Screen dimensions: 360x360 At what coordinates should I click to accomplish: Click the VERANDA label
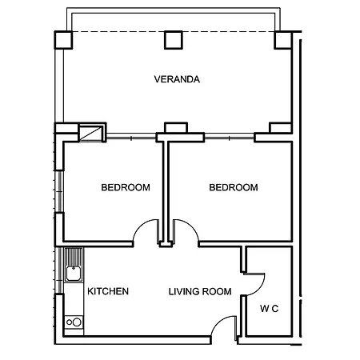click(x=177, y=79)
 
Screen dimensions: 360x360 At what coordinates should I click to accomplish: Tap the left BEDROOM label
click(x=126, y=187)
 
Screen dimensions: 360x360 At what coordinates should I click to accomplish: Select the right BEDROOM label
click(x=234, y=187)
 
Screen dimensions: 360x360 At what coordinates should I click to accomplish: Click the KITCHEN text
click(x=108, y=291)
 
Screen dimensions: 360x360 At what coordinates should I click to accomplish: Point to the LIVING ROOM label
click(x=200, y=291)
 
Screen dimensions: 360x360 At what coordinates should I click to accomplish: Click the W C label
click(x=270, y=309)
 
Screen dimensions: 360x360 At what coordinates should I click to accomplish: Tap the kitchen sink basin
click(x=74, y=274)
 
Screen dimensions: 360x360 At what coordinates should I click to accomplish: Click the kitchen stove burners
click(x=74, y=322)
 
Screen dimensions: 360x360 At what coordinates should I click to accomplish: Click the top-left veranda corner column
click(x=63, y=40)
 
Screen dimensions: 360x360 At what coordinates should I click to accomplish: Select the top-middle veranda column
click(x=174, y=40)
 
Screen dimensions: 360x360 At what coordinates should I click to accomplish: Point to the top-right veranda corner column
click(x=283, y=40)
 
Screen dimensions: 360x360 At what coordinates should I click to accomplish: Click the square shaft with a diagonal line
click(x=91, y=133)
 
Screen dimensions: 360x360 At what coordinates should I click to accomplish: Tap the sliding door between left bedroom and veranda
click(x=131, y=138)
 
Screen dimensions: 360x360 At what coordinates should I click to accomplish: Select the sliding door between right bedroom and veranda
click(x=230, y=138)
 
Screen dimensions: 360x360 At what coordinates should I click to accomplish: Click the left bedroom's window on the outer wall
click(x=60, y=191)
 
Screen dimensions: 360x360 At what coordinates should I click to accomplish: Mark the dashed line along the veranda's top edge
click(x=174, y=32)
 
